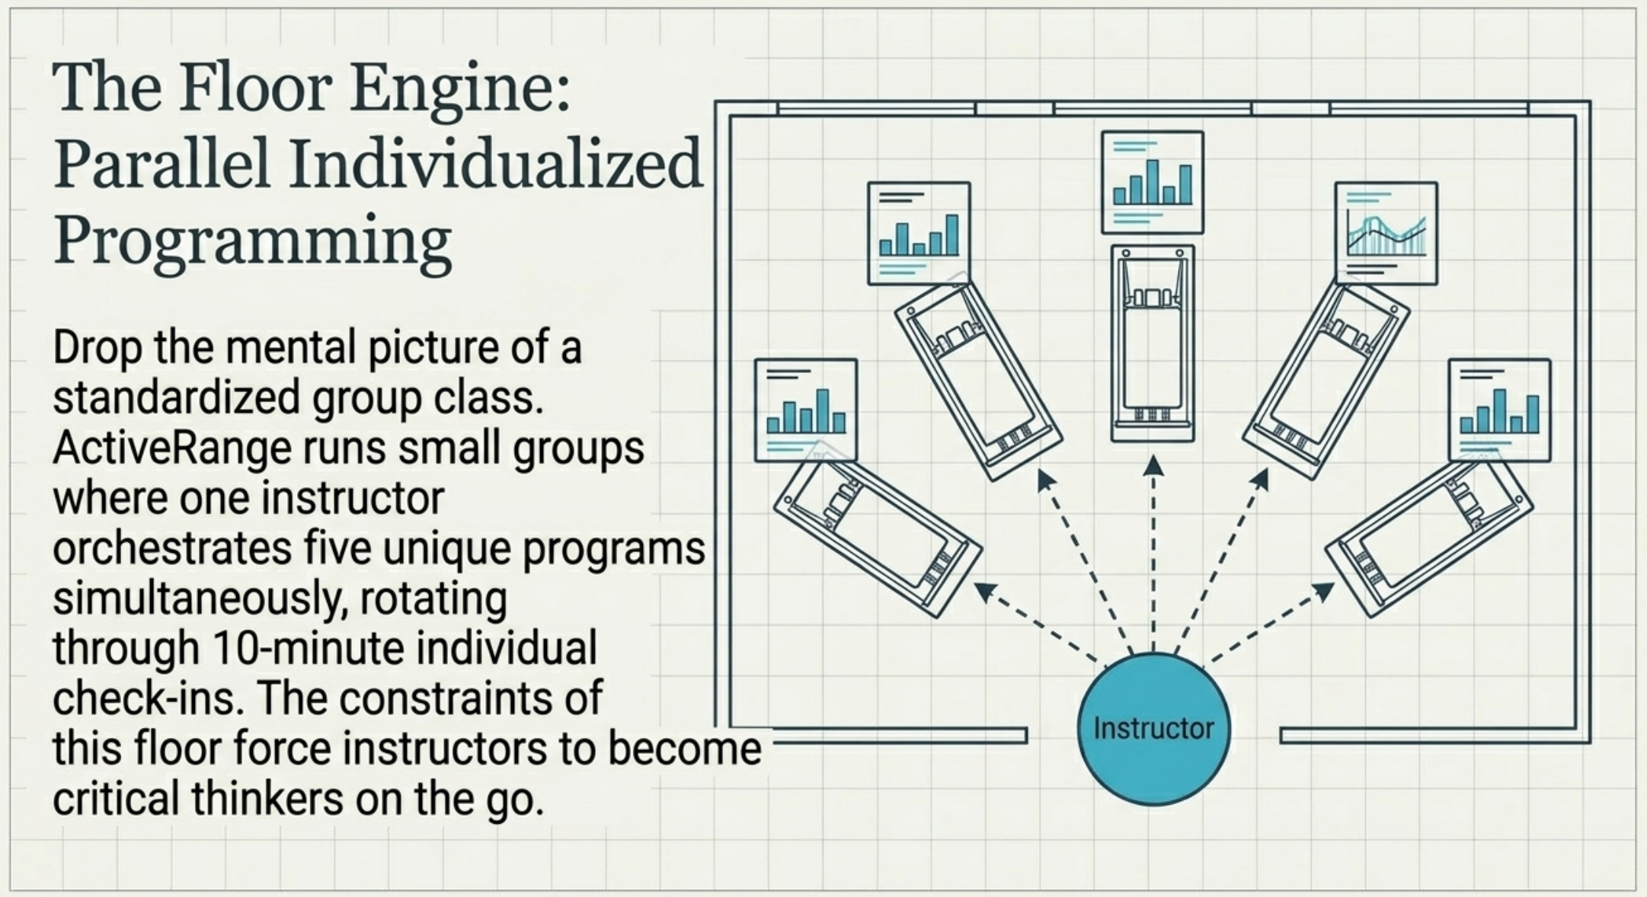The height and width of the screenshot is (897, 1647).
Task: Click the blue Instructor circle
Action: [1153, 729]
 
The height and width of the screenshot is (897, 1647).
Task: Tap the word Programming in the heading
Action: [253, 241]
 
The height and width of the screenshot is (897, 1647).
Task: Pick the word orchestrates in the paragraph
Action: [172, 548]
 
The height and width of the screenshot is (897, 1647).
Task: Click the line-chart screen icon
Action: [1386, 233]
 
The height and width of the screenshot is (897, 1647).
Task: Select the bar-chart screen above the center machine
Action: [1153, 182]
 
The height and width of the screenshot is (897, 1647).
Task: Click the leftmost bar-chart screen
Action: [806, 410]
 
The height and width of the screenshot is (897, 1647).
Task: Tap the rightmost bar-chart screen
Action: [1499, 410]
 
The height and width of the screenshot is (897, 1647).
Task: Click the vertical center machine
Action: [1153, 343]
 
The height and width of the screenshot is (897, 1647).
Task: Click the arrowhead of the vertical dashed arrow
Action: [1153, 465]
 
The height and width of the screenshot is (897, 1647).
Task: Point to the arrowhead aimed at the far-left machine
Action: [986, 592]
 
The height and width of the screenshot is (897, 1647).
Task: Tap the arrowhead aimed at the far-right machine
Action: [1323, 592]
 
